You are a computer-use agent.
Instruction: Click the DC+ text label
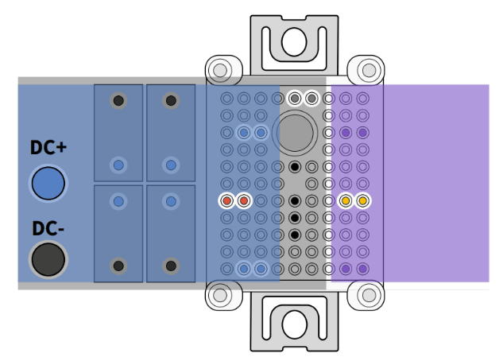coord(48,148)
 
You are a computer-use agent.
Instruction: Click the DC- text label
coord(48,228)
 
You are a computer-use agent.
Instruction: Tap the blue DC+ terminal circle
coord(48,182)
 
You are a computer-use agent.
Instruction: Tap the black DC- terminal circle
coord(48,260)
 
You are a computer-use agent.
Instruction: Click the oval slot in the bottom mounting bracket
coord(294,323)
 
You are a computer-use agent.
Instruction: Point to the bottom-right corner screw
coord(367,294)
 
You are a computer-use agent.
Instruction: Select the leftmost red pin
coord(227,200)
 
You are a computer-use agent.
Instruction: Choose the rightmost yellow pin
coord(362,200)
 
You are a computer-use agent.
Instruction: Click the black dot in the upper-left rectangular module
coord(118,100)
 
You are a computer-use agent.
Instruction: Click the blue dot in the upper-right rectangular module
coord(170,165)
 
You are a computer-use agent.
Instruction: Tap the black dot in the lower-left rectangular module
coord(118,265)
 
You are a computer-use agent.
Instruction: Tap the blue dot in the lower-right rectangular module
coord(170,200)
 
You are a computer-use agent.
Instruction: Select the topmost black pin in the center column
coord(295,167)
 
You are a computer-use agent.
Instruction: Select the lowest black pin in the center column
coord(295,235)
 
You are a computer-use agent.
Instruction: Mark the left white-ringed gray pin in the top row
coord(295,99)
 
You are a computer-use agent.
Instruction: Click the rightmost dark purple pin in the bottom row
coord(362,269)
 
